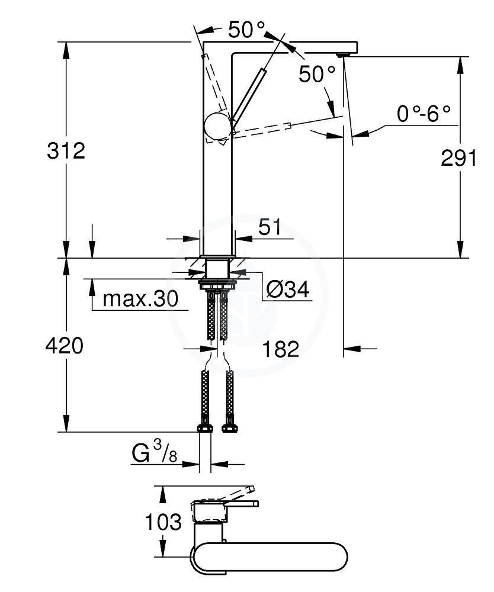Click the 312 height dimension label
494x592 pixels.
[x=66, y=151]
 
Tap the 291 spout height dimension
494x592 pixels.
[x=459, y=158]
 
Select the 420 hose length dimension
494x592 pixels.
[x=64, y=346]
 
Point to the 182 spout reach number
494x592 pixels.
[x=280, y=349]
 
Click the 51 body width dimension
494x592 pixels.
[x=270, y=227]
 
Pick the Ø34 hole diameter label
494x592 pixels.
[x=288, y=290]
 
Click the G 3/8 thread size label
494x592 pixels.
[x=155, y=453]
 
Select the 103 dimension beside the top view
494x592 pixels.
[x=163, y=522]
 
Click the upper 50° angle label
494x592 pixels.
[x=246, y=30]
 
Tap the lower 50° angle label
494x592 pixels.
[x=317, y=74]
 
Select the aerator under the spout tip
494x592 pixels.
[x=344, y=54]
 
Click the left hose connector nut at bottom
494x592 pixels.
[x=206, y=428]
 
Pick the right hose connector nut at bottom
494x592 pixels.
[x=229, y=428]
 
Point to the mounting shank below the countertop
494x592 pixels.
[x=217, y=269]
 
